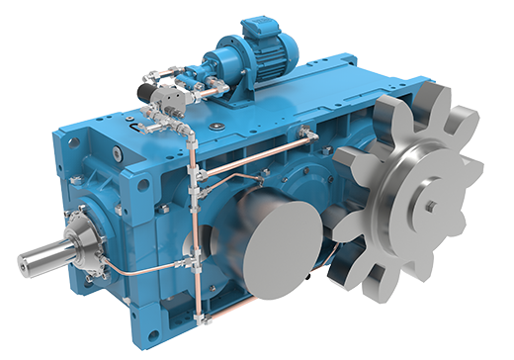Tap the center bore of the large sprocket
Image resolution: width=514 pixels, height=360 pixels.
click(x=431, y=206)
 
